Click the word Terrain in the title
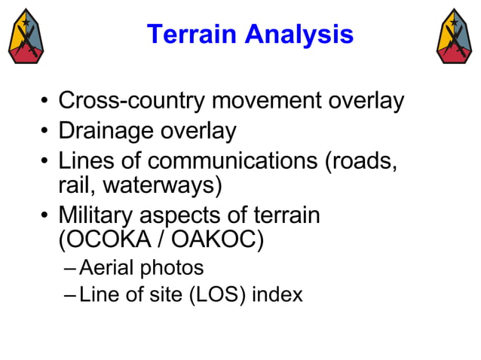190,34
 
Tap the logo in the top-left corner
26,36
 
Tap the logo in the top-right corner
455,36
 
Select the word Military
98,215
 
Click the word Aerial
103,267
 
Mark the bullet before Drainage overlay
46,133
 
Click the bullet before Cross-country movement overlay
46,102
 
